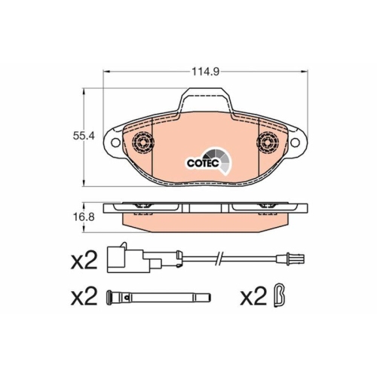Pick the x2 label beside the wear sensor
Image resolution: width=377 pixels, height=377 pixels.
[x=84, y=262]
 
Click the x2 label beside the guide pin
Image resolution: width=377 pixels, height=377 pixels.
[x=84, y=296]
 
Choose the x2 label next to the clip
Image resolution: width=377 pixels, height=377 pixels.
[x=253, y=296]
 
